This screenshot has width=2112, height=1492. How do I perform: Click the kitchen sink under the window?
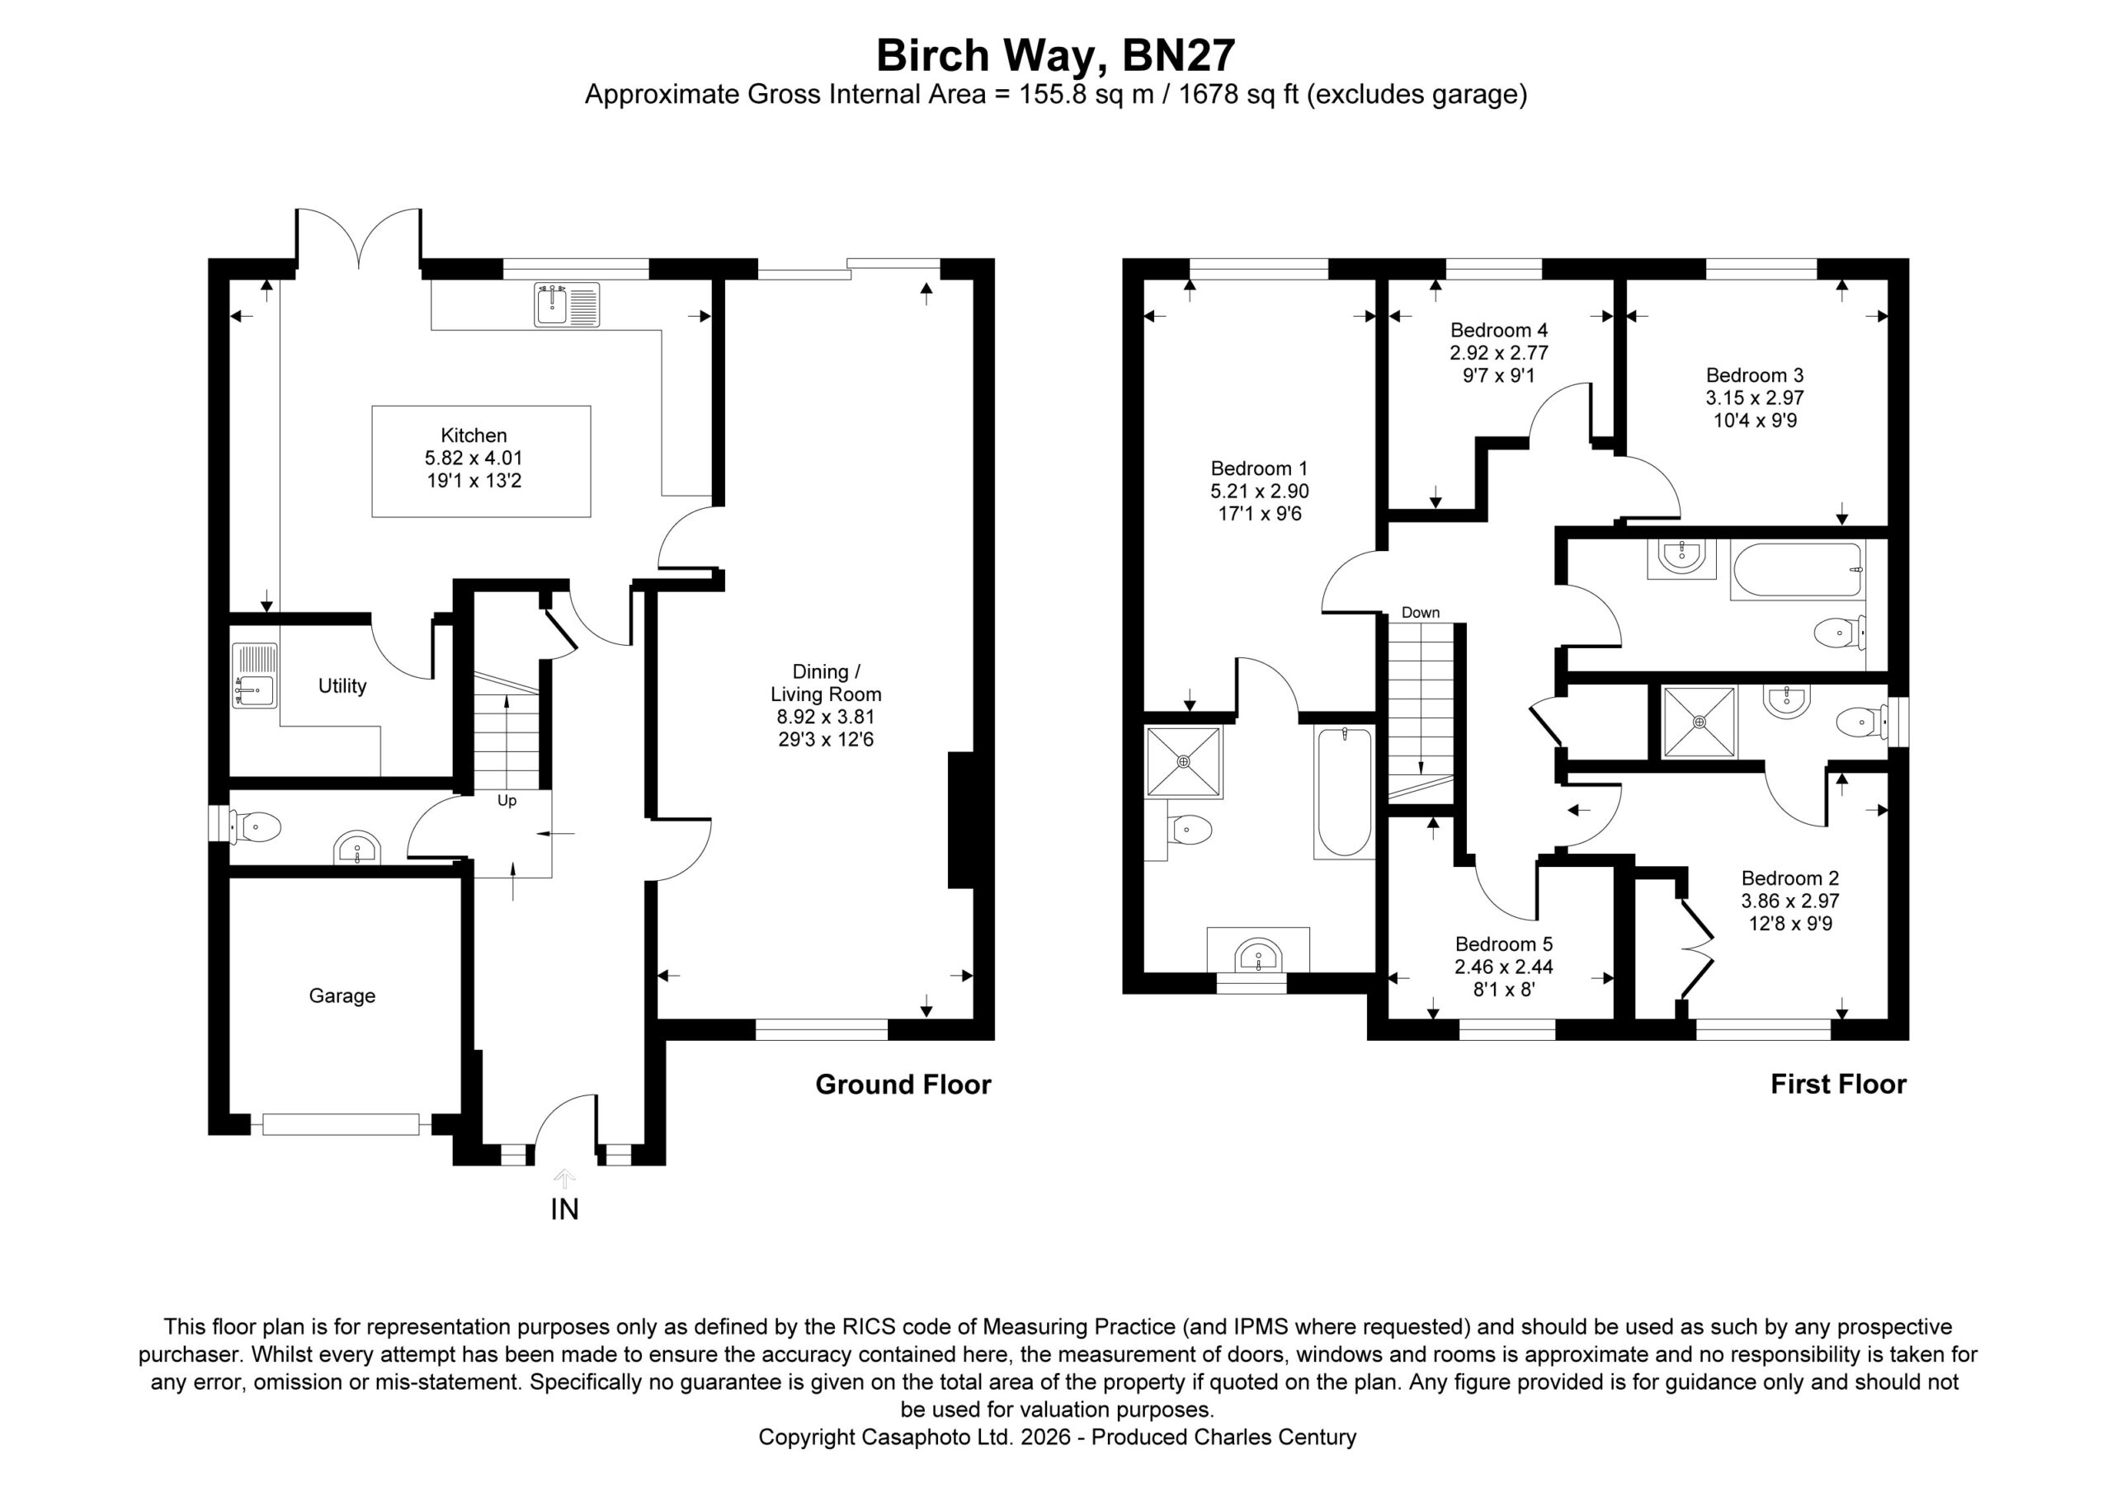click(567, 304)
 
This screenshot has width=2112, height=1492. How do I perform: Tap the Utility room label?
click(342, 685)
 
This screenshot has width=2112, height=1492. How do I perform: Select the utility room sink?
click(254, 675)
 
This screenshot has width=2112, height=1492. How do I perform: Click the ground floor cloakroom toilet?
click(255, 827)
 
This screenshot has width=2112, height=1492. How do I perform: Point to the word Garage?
click(342, 995)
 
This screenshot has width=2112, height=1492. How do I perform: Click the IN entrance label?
click(565, 1210)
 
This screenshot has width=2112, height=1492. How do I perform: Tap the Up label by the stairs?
click(507, 800)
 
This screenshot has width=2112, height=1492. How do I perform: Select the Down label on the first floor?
click(1421, 613)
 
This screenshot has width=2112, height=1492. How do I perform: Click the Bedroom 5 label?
click(1504, 944)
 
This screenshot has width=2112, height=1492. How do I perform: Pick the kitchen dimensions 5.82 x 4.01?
click(474, 458)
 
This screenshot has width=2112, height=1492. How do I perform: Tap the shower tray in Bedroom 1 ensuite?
click(1184, 761)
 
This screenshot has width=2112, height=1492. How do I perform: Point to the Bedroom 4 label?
click(1499, 329)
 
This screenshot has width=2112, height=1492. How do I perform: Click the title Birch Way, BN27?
click(1055, 55)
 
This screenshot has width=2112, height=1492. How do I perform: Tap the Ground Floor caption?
click(903, 1085)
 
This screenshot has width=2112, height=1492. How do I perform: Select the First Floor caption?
click(1839, 1084)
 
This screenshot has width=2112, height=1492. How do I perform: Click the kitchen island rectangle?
click(481, 461)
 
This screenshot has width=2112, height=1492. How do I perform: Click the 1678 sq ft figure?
click(1239, 95)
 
